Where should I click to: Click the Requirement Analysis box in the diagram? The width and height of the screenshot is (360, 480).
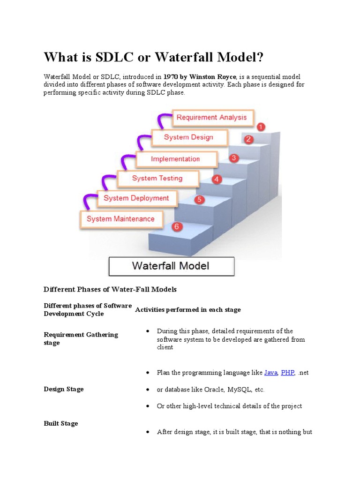(211, 117)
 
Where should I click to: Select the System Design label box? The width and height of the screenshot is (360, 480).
(188, 137)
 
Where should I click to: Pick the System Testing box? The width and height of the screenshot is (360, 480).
(157, 178)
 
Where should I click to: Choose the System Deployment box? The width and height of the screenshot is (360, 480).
(136, 198)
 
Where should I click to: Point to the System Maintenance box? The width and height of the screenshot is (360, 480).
(120, 219)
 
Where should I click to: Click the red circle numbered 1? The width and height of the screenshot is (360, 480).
(261, 127)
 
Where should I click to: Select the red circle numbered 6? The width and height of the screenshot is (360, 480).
(176, 227)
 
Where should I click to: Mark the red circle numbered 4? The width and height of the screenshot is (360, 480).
(217, 179)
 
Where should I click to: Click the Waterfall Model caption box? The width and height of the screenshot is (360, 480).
(171, 266)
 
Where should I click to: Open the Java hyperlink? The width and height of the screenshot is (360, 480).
(271, 373)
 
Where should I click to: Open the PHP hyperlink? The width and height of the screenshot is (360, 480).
(287, 373)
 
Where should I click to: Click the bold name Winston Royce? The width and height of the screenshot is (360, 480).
(213, 76)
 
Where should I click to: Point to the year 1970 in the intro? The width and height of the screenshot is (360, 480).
(172, 76)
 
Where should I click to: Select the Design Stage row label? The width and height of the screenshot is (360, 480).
(64, 389)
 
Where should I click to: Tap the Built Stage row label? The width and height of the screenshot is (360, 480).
(61, 423)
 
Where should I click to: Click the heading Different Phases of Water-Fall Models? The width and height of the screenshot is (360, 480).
(110, 290)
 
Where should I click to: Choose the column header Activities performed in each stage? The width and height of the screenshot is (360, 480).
(188, 309)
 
